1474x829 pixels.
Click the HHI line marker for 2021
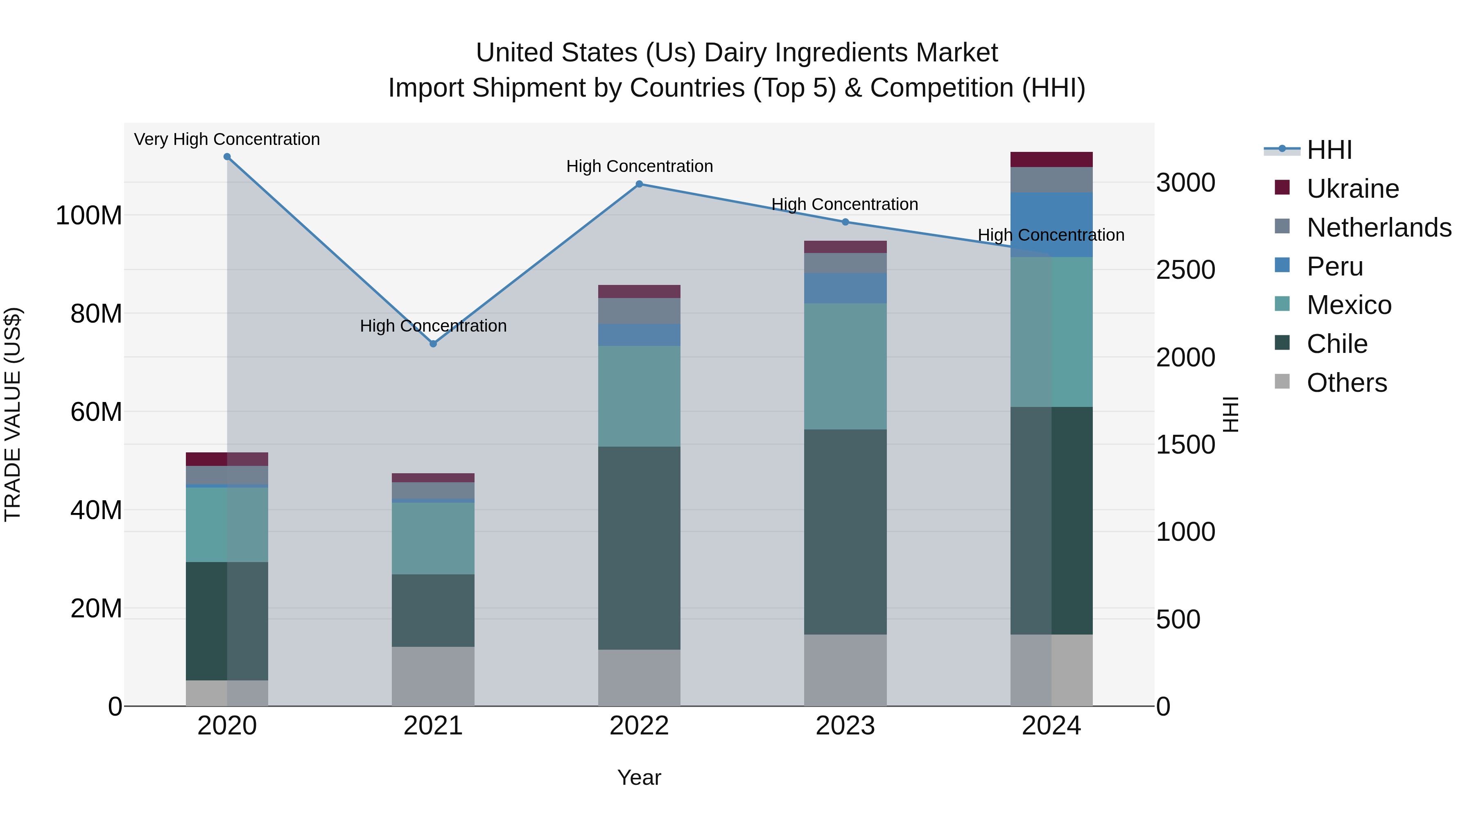point(433,344)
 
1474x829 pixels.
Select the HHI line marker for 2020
point(227,157)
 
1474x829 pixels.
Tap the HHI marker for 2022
point(639,184)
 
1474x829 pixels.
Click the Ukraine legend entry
point(1353,189)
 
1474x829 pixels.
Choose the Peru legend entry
point(1334,267)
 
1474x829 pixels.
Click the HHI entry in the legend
point(1329,150)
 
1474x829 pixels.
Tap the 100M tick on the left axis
point(89,216)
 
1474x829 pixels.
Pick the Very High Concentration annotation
point(227,140)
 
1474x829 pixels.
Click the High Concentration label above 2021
point(433,326)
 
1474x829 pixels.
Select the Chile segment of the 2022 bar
point(639,548)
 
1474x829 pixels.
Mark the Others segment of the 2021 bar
point(433,676)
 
